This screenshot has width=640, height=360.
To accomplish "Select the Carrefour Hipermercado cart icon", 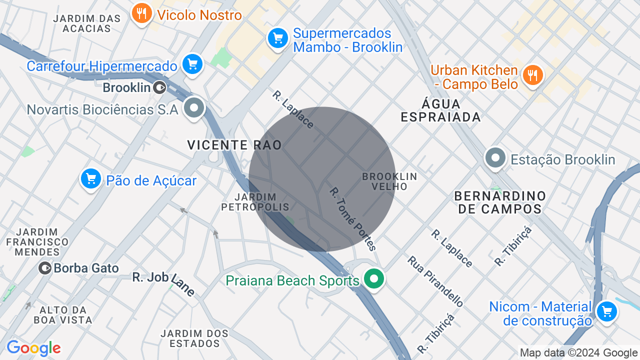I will [192, 64].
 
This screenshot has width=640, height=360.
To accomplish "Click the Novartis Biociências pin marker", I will [193, 107].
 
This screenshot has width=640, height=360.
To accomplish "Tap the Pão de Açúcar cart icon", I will [90, 178].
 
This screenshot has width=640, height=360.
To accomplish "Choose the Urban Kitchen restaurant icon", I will [532, 75].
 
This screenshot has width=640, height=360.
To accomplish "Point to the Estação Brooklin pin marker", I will [495, 158].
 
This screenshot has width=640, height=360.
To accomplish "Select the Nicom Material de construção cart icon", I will [606, 311].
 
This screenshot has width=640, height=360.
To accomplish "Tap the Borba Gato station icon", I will [45, 268].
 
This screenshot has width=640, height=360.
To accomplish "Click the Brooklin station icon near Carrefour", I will [159, 88].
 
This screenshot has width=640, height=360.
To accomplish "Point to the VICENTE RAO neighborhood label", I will [234, 145].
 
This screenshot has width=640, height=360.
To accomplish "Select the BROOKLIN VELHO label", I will [389, 181].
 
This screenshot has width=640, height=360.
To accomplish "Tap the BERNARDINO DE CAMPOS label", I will [500, 202].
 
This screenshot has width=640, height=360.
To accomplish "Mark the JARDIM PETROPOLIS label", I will [255, 202].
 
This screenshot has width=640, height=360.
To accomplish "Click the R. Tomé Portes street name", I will [352, 219].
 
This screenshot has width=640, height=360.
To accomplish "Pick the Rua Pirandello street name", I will [435, 281].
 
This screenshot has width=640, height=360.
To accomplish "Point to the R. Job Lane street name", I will [163, 283].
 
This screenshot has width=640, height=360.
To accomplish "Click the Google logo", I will [33, 348].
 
